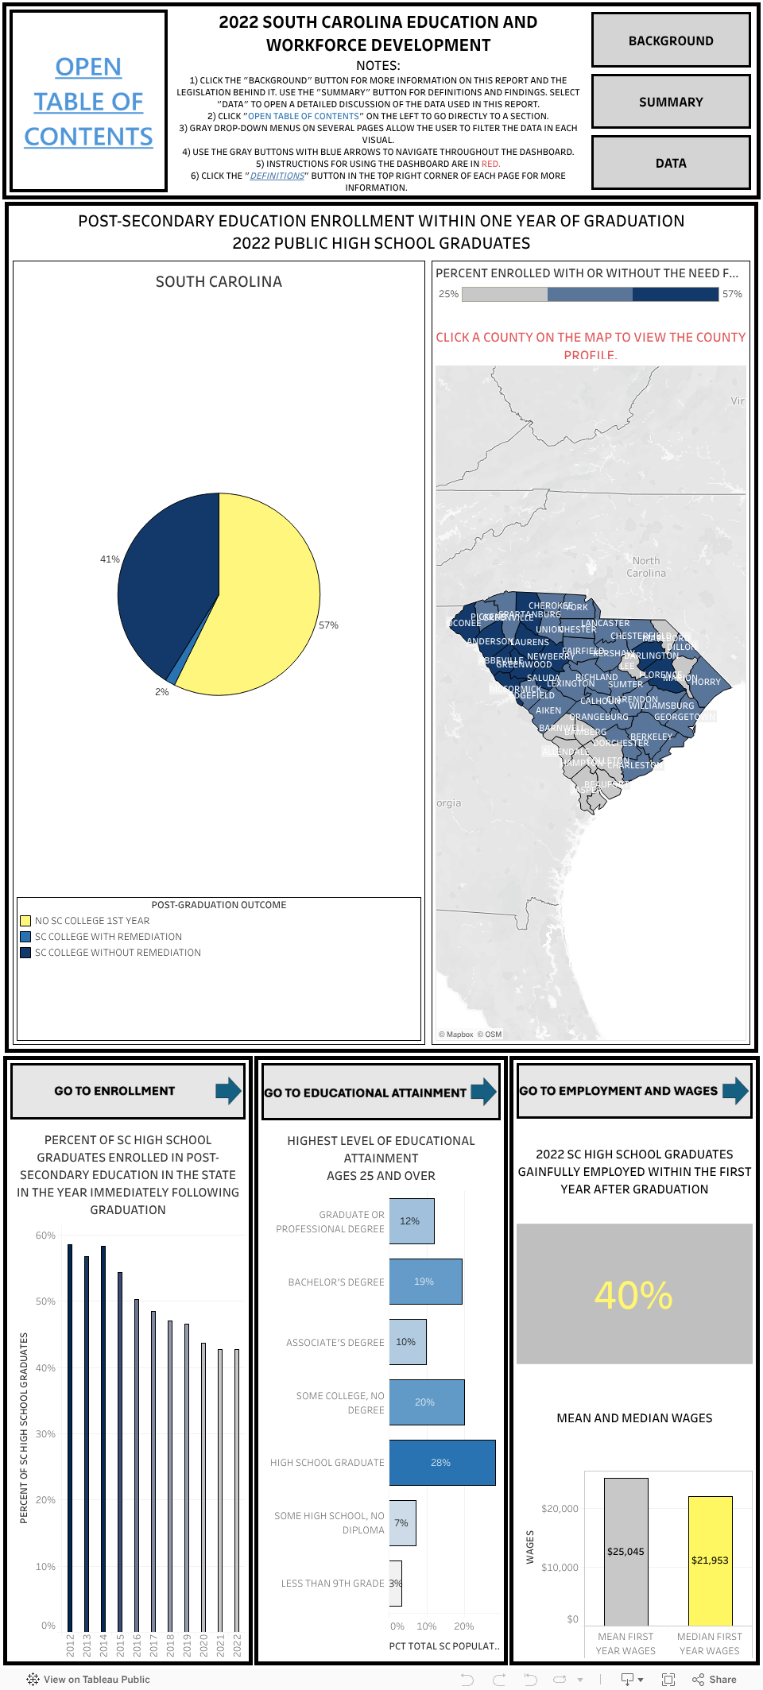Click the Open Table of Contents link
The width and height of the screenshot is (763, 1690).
[x=88, y=102]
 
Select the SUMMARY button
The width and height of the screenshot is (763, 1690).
[x=670, y=102]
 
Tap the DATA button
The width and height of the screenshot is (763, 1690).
[x=670, y=163]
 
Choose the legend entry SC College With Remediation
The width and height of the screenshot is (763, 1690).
[x=108, y=937]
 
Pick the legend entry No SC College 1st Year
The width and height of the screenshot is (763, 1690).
[x=92, y=921]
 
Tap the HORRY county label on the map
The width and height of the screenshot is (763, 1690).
[x=706, y=682]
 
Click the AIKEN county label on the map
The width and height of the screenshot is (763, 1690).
[x=548, y=710]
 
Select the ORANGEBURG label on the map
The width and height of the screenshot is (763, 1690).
[x=599, y=717]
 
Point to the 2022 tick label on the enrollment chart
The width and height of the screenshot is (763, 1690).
[x=237, y=1646]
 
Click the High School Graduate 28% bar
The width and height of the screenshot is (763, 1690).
[x=442, y=1463]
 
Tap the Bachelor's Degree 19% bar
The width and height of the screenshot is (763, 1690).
[x=425, y=1282]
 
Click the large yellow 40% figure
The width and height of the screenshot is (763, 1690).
[x=633, y=1295]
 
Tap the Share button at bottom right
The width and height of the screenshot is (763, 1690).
[x=715, y=1679]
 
